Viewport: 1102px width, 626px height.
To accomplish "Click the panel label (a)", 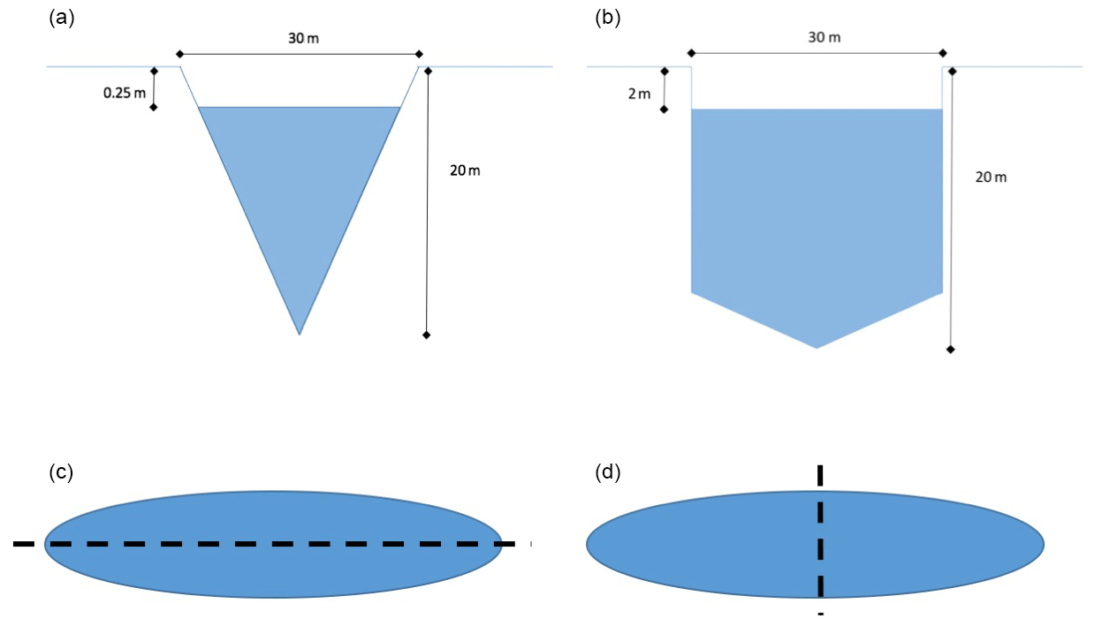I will tap(60, 17).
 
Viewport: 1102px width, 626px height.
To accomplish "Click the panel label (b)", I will tap(608, 17).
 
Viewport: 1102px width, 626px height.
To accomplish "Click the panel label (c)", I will tap(60, 472).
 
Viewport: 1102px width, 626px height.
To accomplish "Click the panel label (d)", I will tap(608, 472).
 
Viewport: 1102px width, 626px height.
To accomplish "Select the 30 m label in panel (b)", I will tap(824, 37).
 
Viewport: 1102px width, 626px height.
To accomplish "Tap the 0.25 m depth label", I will tap(124, 92).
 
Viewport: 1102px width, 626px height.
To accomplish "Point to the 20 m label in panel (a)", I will tap(465, 170).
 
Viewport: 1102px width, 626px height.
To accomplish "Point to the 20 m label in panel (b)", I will tap(991, 177).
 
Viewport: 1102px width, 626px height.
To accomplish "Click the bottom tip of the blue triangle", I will tap(300, 334).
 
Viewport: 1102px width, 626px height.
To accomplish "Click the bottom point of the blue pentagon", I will tap(817, 347).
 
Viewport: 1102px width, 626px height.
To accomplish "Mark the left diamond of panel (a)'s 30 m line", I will tap(180, 54).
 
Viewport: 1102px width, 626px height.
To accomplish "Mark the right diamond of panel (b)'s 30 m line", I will tap(942, 53).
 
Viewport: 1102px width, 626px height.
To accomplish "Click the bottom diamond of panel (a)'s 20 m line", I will tap(427, 335).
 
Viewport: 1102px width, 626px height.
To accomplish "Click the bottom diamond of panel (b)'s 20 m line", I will tap(951, 350).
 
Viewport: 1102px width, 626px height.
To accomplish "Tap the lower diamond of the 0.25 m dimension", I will tap(154, 108).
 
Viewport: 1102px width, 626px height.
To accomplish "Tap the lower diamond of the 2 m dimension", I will tap(665, 109).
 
